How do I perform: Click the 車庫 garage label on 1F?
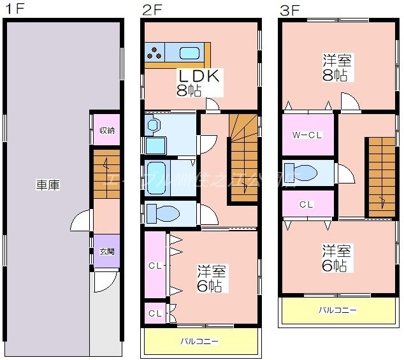click(x=48, y=185)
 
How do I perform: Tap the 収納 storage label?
click(x=107, y=131)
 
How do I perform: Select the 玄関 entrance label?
click(x=107, y=251)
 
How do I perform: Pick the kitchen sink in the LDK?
click(x=190, y=54)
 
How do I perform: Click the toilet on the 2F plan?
click(x=159, y=213)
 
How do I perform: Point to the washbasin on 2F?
click(x=153, y=126)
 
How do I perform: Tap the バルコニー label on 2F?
click(x=199, y=342)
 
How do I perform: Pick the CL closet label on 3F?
click(x=306, y=205)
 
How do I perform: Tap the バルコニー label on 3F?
click(x=338, y=310)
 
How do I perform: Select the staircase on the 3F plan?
click(x=380, y=176)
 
